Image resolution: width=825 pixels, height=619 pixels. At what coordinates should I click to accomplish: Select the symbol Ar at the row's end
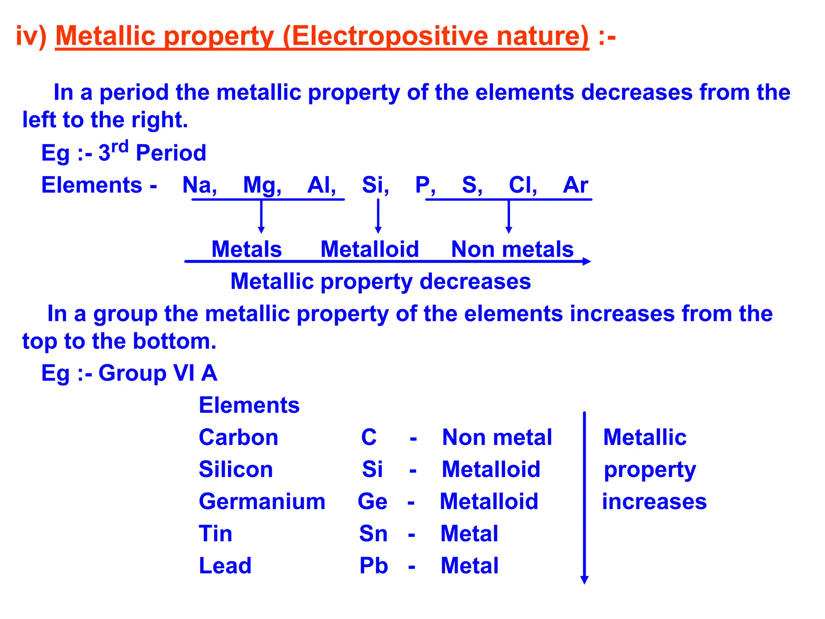pos(575,185)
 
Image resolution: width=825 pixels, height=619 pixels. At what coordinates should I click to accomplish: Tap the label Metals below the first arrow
pos(247,249)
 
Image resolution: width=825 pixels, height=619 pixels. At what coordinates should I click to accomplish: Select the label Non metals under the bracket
pos(512,249)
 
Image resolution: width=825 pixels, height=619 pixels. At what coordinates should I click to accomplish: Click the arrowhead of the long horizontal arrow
pos(587,262)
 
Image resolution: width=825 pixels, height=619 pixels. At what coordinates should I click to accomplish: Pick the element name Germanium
pos(262,502)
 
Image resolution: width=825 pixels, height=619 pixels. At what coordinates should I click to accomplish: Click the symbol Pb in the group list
pos(373,566)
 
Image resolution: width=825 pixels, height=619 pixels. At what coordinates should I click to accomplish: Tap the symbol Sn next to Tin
pos(373,534)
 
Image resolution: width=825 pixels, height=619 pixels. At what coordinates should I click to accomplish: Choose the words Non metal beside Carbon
pos(497,438)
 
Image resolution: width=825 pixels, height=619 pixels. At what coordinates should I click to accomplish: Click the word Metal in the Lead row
pos(469,566)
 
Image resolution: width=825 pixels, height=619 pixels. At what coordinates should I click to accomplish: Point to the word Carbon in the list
pos(238,438)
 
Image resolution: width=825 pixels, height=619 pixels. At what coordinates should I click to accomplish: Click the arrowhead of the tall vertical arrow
pos(584,580)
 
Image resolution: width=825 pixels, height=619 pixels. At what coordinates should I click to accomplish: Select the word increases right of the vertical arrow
pos(654,502)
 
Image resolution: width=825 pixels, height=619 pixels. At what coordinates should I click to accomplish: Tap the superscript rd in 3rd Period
pos(120,147)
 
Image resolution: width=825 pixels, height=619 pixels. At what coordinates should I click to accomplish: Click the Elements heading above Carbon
pos(249,405)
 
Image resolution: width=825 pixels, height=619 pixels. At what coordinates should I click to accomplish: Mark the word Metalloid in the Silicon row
pos(491,469)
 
